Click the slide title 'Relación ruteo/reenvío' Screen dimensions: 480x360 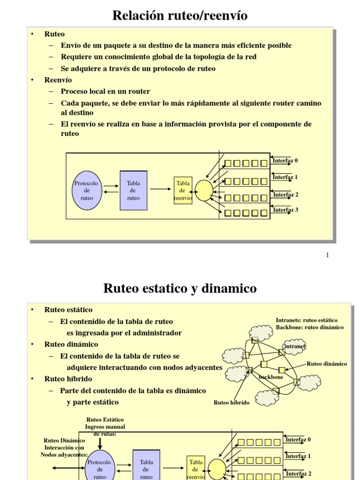click(x=180, y=16)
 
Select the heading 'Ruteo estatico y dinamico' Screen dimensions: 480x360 click(x=180, y=288)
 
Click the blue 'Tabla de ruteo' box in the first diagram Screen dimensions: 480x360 click(x=133, y=190)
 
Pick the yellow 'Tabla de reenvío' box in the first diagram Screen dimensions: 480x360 click(x=183, y=191)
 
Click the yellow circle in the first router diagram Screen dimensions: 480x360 click(x=204, y=191)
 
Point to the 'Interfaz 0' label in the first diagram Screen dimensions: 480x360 click(x=285, y=161)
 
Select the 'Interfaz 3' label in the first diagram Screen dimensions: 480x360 click(x=285, y=210)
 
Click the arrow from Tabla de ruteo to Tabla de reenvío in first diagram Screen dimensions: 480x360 click(x=161, y=189)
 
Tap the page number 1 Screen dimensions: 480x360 click(x=327, y=255)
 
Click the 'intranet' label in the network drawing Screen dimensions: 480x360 click(x=295, y=346)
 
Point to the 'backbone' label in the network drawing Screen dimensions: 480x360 click(x=271, y=376)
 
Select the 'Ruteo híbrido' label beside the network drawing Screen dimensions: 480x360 click(x=232, y=402)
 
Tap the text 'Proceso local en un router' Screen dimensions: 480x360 click(x=105, y=91)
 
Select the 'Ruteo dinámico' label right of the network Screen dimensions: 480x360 click(x=327, y=364)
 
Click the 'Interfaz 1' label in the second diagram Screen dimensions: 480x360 click(x=298, y=456)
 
